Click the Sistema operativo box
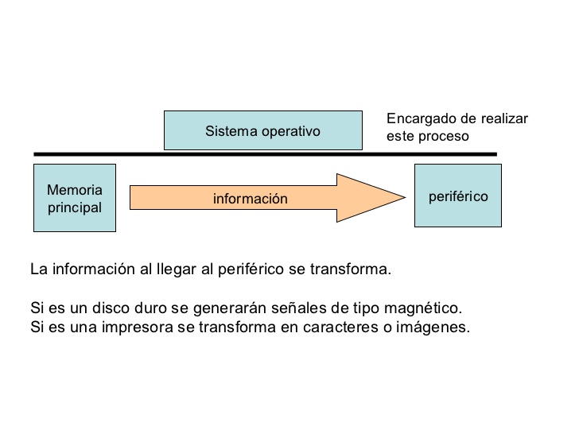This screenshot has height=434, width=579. click(262, 130)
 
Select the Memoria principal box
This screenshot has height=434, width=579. click(75, 198)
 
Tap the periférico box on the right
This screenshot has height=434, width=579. click(458, 196)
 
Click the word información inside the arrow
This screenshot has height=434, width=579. click(250, 199)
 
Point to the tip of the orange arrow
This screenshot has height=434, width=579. click(404, 197)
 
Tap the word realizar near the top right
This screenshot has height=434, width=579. click(501, 118)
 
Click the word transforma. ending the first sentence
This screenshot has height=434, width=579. click(355, 269)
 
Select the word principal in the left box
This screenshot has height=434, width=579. click(74, 207)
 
